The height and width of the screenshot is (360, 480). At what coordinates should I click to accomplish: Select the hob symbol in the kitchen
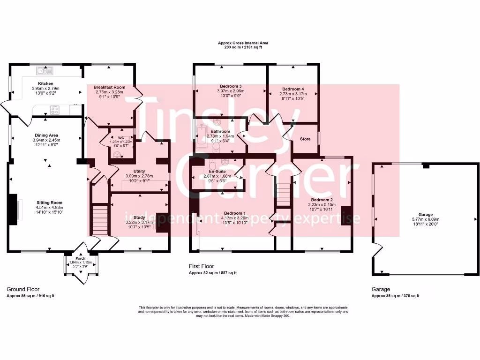click(x=55, y=110)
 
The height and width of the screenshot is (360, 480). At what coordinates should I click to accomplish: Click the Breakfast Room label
click(x=109, y=87)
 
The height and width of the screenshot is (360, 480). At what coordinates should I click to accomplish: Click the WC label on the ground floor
click(x=121, y=137)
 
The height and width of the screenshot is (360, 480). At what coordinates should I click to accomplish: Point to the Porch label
click(x=81, y=258)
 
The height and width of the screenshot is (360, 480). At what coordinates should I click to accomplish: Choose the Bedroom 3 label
click(x=231, y=86)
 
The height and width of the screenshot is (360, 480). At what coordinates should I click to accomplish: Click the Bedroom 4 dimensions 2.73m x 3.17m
click(x=293, y=93)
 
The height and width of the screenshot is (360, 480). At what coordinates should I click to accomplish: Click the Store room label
click(x=305, y=139)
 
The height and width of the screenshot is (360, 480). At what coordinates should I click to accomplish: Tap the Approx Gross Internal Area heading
click(x=243, y=43)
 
